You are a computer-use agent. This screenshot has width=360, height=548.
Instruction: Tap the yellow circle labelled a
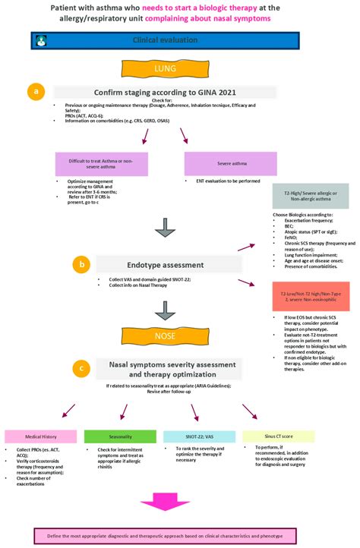[x=34, y=92]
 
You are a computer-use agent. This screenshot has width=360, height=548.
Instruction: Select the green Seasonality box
[x=113, y=436]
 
